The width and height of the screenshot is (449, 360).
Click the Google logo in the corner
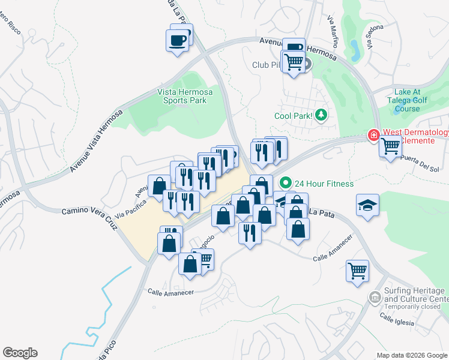click(20, 353)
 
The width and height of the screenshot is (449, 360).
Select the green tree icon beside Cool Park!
click(322, 114)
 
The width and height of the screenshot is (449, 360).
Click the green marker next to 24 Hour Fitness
click(286, 183)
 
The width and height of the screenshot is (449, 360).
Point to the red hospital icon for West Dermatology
click(374, 136)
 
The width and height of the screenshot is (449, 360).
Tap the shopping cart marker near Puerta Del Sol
click(390, 146)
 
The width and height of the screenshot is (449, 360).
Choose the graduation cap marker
click(367, 205)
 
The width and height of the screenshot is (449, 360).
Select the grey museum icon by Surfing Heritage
click(375, 296)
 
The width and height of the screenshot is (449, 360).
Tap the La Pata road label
click(319, 212)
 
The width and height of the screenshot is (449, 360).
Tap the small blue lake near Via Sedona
click(354, 51)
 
